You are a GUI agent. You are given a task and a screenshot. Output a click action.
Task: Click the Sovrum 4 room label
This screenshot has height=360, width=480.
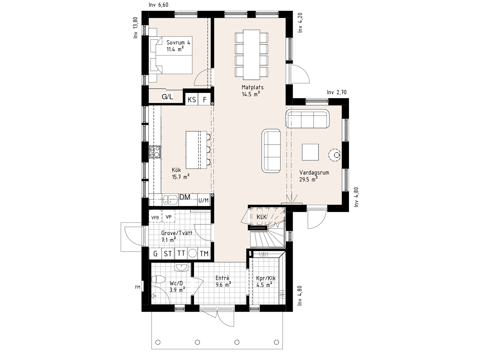point(178,43)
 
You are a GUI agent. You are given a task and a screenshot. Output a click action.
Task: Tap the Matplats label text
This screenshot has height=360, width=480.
point(253,87)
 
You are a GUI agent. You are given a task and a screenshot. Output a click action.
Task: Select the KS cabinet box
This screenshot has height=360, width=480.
point(192,100)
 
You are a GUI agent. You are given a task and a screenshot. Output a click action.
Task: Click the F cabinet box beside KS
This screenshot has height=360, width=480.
point(205,100)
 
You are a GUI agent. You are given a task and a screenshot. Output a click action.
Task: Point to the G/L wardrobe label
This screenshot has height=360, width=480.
point(167,97)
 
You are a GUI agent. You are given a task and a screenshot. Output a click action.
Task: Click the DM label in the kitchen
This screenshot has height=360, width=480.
point(185,197)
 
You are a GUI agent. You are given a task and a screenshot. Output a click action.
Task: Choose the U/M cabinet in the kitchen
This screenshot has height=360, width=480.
point(204,201)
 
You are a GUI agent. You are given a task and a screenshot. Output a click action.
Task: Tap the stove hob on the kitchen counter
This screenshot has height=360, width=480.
point(155,152)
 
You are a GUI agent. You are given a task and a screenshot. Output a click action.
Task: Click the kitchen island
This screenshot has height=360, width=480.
point(196,150)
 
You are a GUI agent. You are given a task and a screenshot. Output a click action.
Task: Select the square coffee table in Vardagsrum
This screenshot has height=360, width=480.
point(310,152)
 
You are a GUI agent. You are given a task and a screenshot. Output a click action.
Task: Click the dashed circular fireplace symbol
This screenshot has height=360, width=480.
point(335,155)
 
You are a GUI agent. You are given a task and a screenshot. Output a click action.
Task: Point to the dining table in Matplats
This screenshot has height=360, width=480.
point(251,55)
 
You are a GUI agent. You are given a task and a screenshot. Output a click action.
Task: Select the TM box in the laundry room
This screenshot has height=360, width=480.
point(204,254)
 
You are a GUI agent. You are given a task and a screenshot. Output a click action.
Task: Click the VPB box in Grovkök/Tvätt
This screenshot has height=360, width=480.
point(155,217)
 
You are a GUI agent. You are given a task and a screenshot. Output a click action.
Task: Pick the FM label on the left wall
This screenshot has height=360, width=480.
point(138,287)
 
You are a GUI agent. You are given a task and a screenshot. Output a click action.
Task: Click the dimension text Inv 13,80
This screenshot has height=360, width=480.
point(136,28)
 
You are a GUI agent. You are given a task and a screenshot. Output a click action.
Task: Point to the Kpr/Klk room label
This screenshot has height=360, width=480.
point(266,278)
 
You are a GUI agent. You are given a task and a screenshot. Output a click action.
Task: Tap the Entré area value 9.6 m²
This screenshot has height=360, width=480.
point(223,284)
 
